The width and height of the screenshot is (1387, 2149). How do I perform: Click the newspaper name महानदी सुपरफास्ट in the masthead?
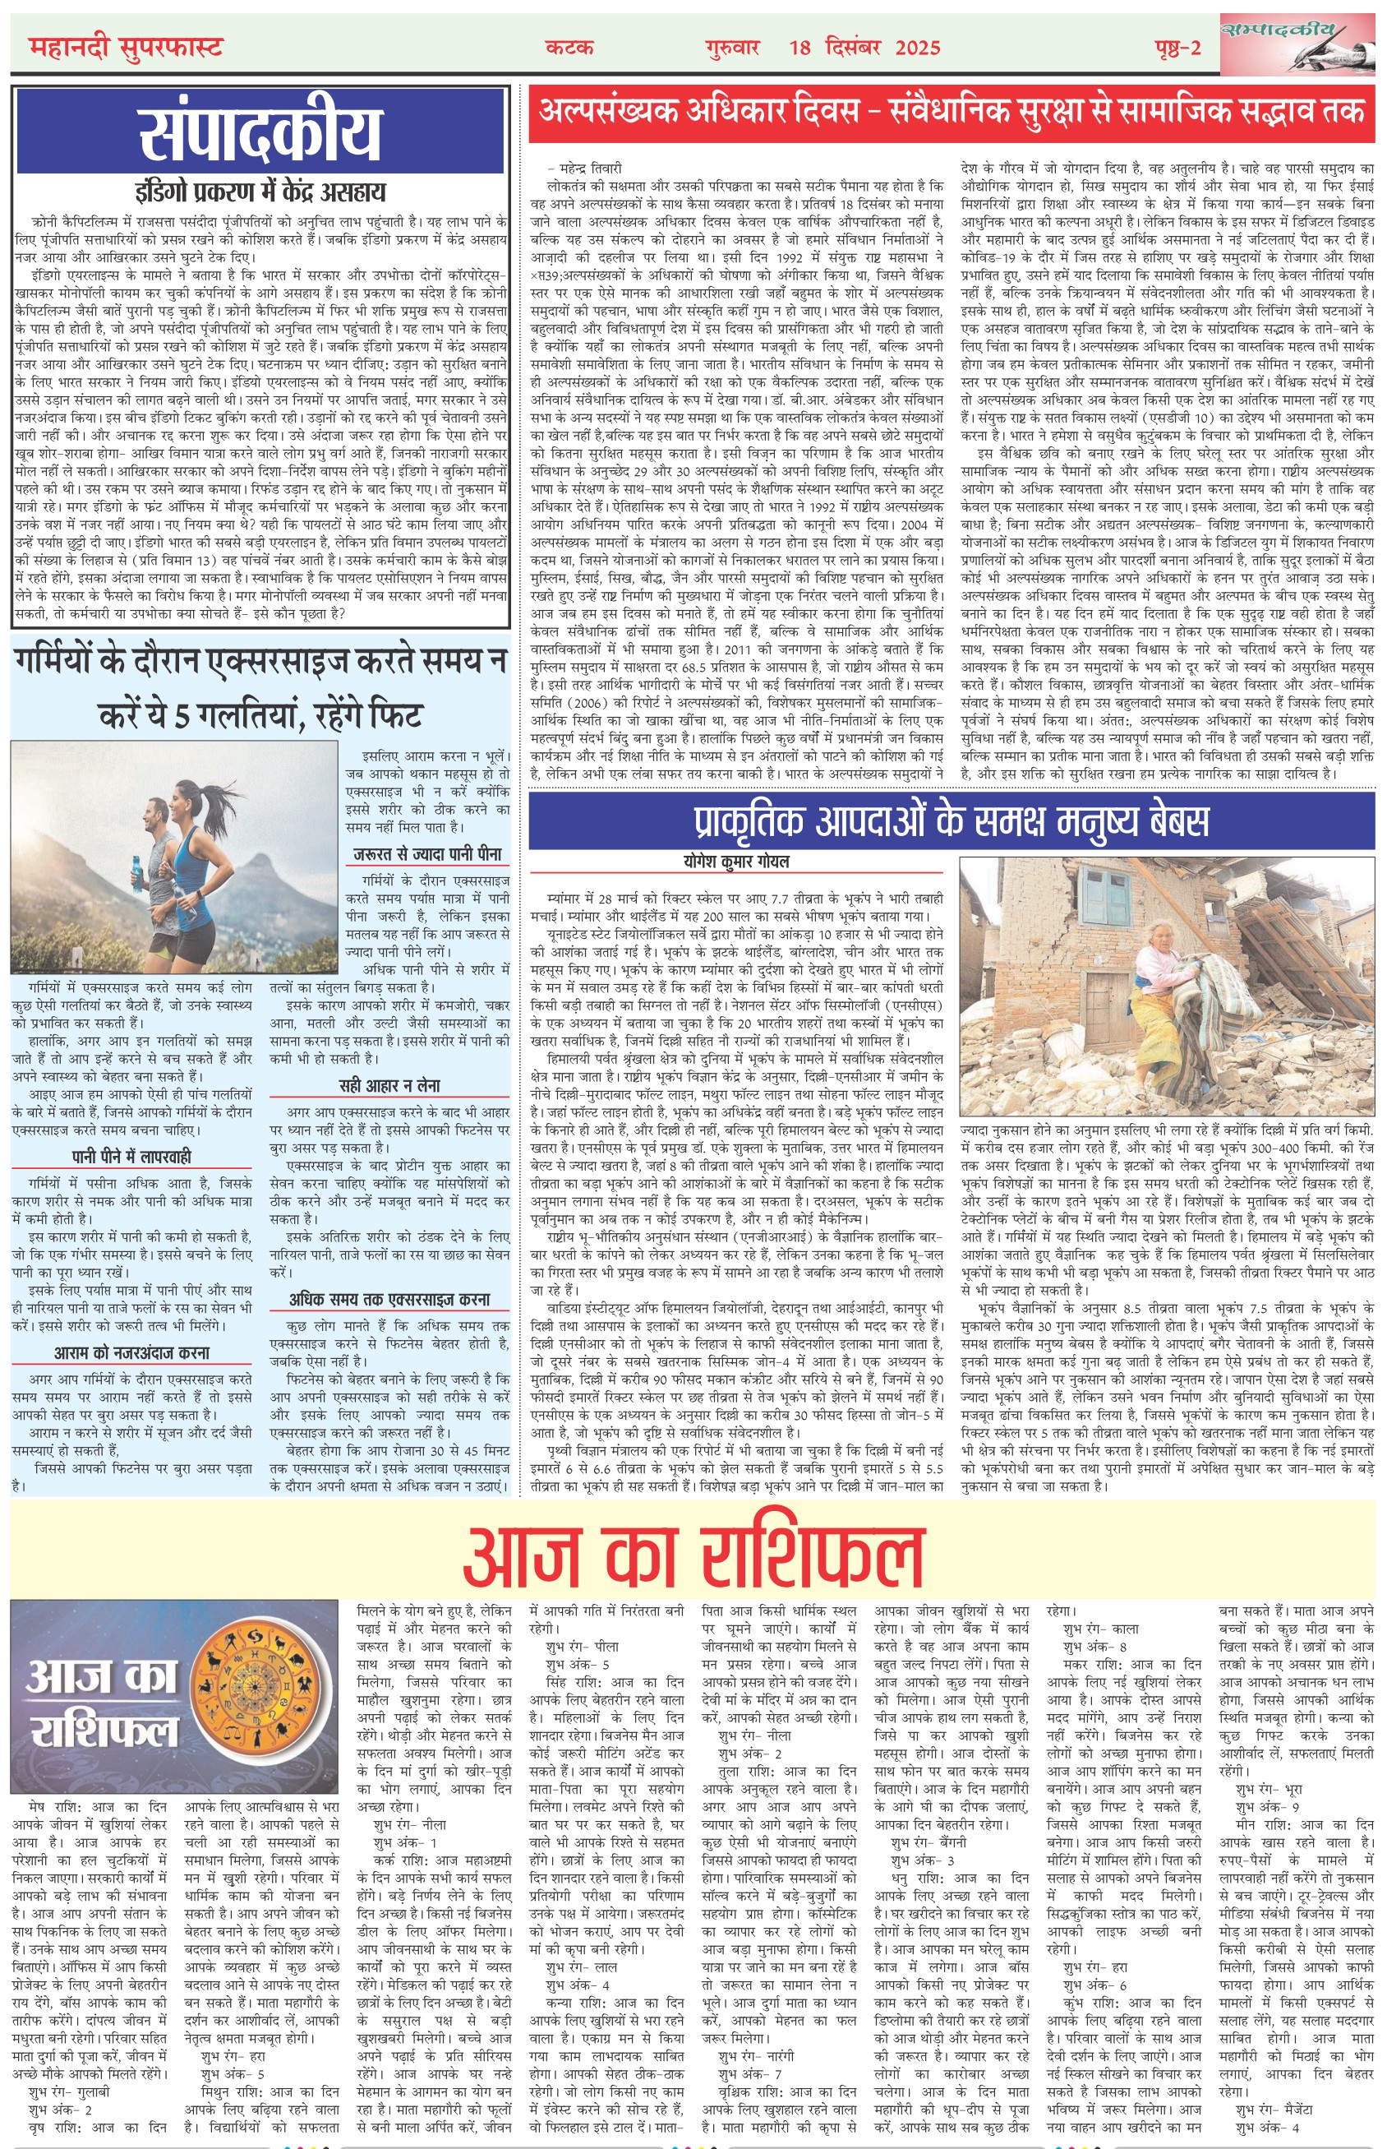[125, 46]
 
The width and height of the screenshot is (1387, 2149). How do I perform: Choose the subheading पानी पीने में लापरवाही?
[131, 1156]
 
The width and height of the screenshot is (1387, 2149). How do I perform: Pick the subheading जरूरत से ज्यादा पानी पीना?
[428, 853]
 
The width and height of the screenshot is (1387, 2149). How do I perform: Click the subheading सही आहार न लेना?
[389, 1086]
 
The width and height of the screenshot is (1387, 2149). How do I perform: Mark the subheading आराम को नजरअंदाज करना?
[131, 1352]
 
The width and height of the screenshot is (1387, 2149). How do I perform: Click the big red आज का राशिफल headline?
[693, 1551]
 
